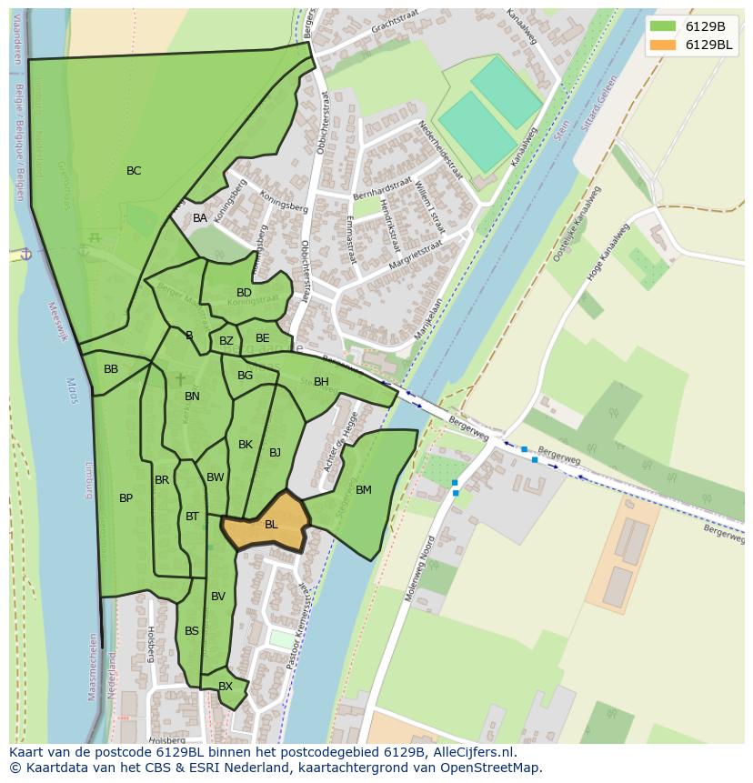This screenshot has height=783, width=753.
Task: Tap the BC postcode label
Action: click(x=134, y=171)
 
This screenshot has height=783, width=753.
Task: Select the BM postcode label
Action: click(x=364, y=490)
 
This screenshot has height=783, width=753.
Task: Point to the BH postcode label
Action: click(x=321, y=382)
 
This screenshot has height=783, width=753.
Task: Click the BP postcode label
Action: click(x=125, y=498)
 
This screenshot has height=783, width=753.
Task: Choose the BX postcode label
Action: click(x=226, y=687)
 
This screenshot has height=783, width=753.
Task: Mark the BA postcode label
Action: click(x=200, y=218)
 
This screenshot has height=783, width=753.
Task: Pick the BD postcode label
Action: click(x=244, y=293)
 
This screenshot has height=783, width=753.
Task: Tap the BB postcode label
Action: click(x=111, y=369)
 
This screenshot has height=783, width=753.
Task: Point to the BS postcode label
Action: click(x=192, y=631)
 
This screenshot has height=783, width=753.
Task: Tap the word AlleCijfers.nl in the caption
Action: click(x=476, y=753)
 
